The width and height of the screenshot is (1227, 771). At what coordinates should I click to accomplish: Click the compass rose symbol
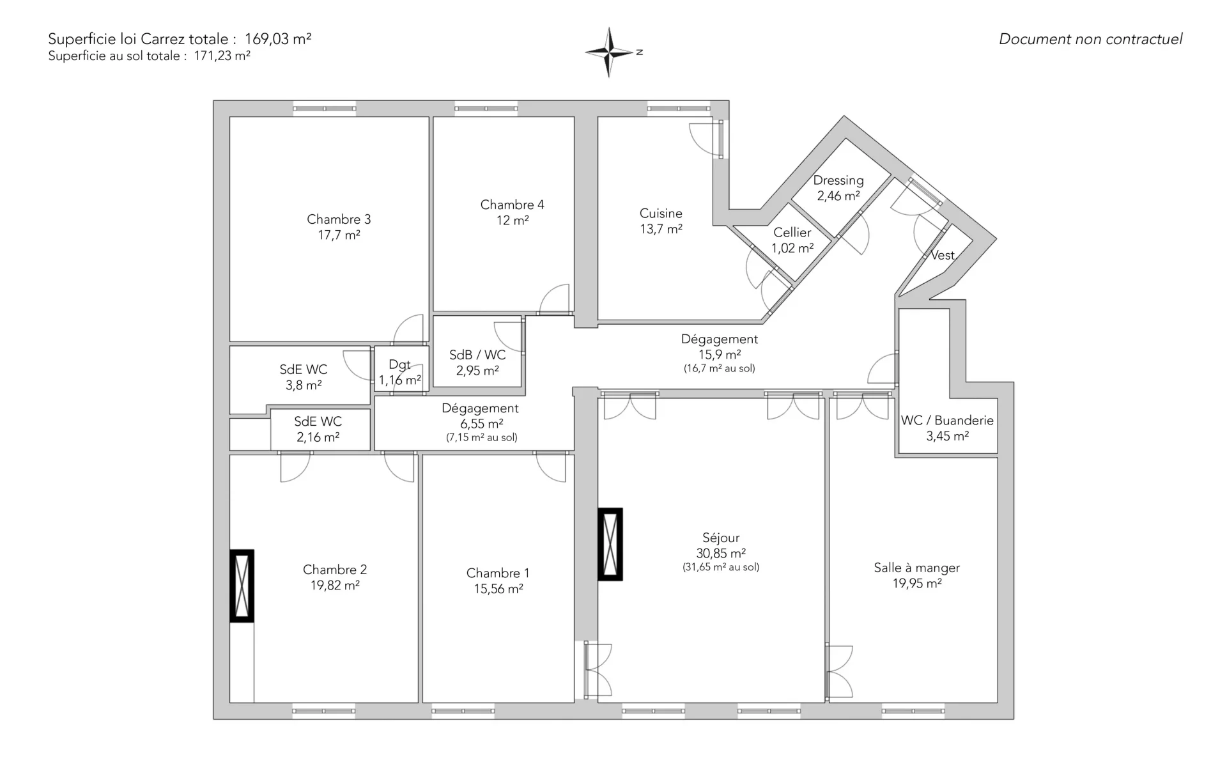(x=610, y=52)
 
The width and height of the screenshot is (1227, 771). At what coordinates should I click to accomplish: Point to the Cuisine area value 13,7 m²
(x=661, y=229)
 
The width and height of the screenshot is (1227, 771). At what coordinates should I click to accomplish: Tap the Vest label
(x=943, y=255)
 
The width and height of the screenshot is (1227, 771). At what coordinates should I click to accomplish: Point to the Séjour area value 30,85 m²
(x=721, y=554)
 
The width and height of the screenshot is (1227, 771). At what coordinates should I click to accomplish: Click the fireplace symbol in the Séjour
(x=610, y=544)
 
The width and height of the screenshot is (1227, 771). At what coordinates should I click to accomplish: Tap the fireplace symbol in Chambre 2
(x=242, y=586)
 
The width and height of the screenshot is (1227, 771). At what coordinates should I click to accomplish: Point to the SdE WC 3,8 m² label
(x=304, y=377)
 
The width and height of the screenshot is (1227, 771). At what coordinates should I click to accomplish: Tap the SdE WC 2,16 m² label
(x=318, y=429)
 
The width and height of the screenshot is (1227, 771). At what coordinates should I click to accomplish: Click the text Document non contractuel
(x=1091, y=39)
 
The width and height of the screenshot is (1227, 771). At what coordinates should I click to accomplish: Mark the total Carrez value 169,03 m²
(x=278, y=38)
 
